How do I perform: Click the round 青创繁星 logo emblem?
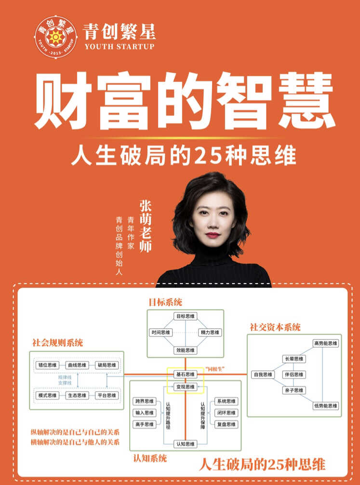pyautogui.click(x=55, y=37)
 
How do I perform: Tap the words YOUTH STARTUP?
pyautogui.click(x=120, y=47)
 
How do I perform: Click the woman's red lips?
pyautogui.click(x=213, y=235)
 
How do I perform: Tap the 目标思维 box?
pyautogui.click(x=185, y=316)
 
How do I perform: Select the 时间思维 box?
pyautogui.click(x=160, y=333)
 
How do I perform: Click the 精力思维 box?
pyautogui.click(x=210, y=333)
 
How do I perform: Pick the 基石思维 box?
pyautogui.click(x=185, y=374)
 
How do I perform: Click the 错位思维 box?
pyautogui.click(x=47, y=365)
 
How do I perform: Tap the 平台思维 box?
pyautogui.click(x=107, y=395)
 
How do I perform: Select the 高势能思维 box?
pyautogui.click(x=326, y=343)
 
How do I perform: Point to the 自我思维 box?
pyautogui.click(x=263, y=375)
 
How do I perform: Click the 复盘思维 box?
pyautogui.click(x=227, y=424)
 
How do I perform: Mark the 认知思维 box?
pyautogui.click(x=185, y=444)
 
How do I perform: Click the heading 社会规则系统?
pyautogui.click(x=57, y=343)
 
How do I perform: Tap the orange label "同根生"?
pyautogui.click(x=214, y=369)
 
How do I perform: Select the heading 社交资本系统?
pyautogui.click(x=275, y=327)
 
